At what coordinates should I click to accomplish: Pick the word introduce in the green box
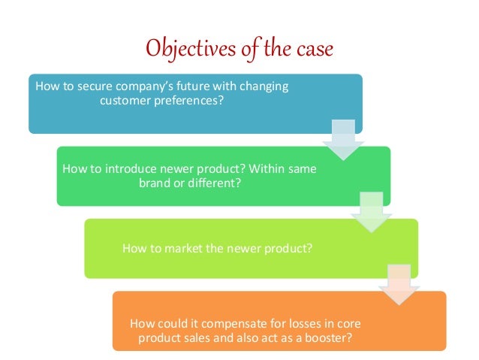coord(126,169)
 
